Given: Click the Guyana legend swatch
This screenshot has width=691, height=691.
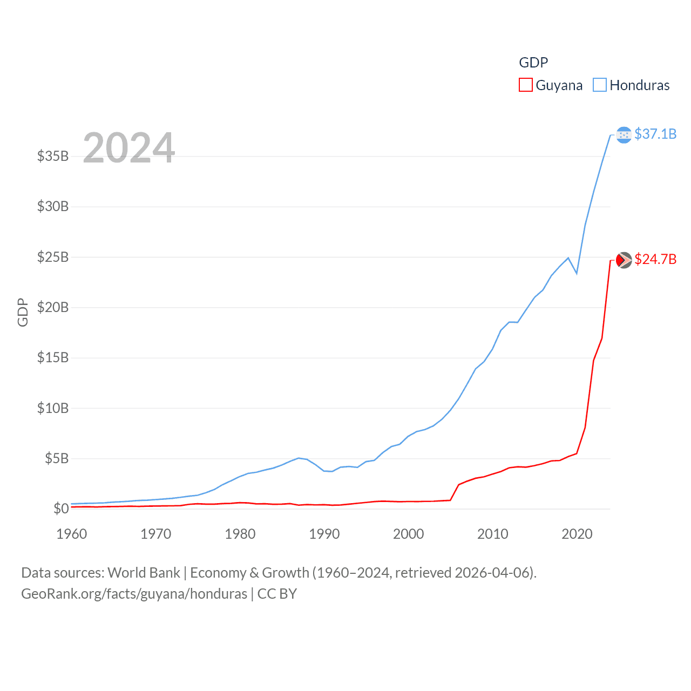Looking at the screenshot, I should coord(525,85).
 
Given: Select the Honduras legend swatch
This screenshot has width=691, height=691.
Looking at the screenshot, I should coord(599,85).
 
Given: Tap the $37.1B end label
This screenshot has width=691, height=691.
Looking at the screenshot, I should coord(655,134).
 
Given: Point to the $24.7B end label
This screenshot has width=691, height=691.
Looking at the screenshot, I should coord(655,259).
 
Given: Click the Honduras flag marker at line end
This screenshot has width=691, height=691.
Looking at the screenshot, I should coord(624,134).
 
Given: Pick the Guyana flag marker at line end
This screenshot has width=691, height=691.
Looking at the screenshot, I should coord(624,260).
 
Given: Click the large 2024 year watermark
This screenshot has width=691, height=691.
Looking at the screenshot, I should coord(129,148).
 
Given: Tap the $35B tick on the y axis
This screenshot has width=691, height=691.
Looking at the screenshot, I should coord(53,156).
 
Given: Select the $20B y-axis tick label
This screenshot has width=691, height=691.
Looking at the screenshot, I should coord(53,307).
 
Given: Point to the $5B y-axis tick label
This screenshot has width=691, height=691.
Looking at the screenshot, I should coord(57,458).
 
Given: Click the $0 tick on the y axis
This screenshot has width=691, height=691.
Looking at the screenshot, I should coord(61,509).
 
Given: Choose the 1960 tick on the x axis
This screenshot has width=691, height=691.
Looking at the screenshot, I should coord(72,534).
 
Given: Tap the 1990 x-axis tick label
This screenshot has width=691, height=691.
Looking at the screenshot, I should coord(324,534).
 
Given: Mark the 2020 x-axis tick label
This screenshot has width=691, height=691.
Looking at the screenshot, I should coord(577,534).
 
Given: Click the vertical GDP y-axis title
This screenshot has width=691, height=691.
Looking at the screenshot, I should coord(23,312).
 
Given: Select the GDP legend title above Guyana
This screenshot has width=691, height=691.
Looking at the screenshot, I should coord(533,63).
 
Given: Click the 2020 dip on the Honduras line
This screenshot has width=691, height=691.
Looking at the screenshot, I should coord(577,273).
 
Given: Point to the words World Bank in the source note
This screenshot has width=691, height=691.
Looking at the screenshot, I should coord(144,572).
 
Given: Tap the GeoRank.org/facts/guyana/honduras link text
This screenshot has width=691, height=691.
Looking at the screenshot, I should coord(134,594).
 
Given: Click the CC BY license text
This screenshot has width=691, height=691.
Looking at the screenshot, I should coord(277,594).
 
